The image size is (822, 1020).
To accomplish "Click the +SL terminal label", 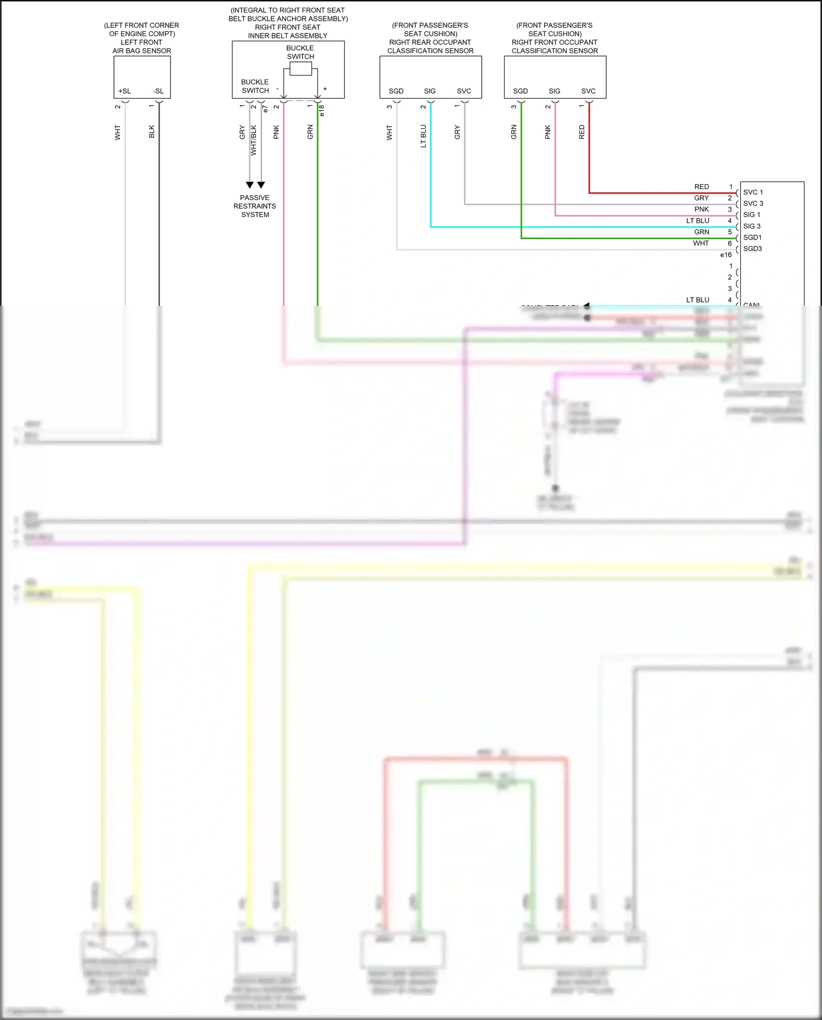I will (124, 91).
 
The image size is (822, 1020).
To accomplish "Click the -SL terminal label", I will (158, 91).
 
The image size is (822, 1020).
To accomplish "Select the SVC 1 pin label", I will (753, 192).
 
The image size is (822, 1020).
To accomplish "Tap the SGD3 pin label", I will (752, 249).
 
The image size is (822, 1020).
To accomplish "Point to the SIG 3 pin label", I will (752, 226).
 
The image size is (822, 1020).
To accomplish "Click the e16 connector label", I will (726, 255).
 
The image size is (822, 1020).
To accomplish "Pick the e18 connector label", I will (322, 111).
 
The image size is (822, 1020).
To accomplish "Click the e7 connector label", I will (265, 110).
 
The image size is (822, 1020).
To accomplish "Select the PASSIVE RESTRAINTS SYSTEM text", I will (255, 206).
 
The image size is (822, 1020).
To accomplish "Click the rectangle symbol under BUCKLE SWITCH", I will (300, 69).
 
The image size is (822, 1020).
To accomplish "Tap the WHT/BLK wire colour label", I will (254, 140).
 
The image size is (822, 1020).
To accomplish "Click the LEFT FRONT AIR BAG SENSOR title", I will (141, 47).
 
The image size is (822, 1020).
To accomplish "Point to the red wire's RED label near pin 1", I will (701, 187).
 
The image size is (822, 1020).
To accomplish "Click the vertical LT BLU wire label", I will (423, 136).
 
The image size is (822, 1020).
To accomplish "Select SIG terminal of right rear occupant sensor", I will (430, 91).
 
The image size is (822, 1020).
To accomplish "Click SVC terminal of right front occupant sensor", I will (588, 91).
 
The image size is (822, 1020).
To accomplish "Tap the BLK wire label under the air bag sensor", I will (152, 132).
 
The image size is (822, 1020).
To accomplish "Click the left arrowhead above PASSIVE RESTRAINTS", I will (250, 185).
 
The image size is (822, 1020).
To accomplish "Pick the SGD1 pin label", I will (752, 237).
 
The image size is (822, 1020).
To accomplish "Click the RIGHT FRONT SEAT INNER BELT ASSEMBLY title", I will (288, 31).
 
